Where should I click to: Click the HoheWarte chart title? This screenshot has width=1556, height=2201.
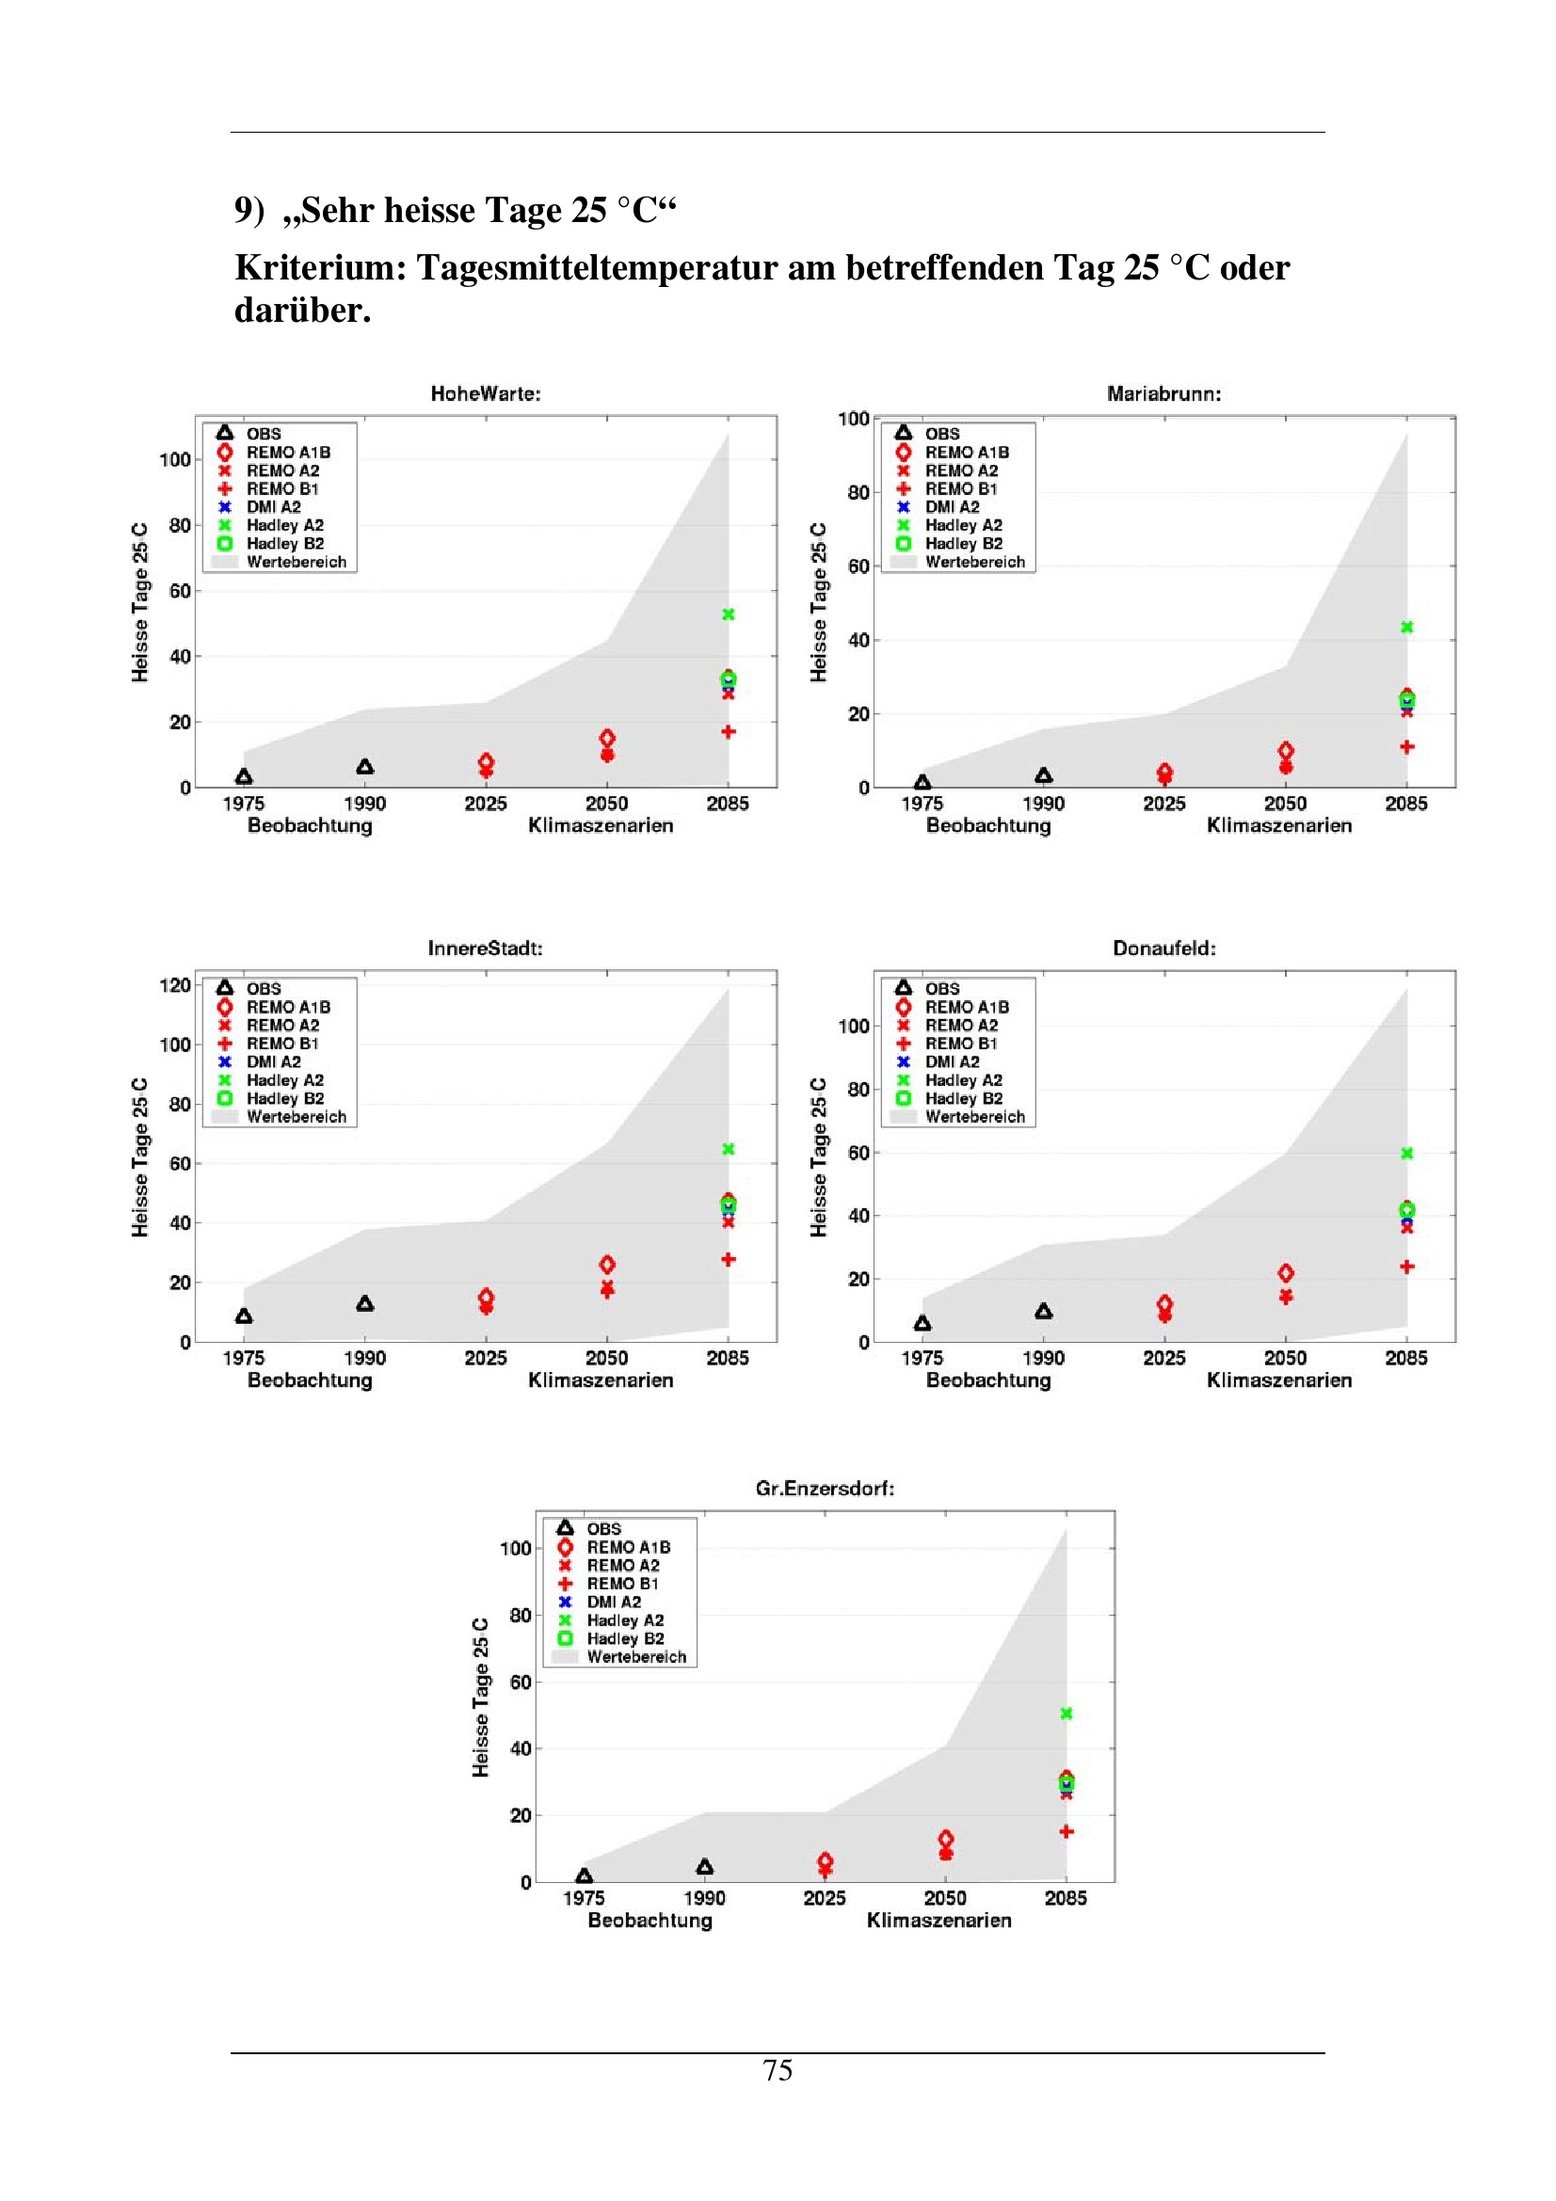tap(485, 393)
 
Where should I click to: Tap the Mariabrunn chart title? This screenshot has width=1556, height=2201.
tap(1163, 393)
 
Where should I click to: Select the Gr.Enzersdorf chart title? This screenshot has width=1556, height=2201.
tap(825, 1488)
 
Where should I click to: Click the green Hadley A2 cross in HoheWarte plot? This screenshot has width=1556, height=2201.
tap(728, 614)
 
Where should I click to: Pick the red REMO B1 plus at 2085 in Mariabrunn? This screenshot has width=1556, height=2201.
tap(1406, 747)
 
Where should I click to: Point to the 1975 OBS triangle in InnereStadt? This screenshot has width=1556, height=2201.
tap(244, 1316)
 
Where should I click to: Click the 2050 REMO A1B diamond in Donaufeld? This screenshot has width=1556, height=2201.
tap(1286, 1273)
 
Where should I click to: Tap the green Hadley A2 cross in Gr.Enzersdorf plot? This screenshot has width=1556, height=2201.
tap(1067, 1713)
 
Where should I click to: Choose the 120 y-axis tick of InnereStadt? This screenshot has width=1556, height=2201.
tap(174, 985)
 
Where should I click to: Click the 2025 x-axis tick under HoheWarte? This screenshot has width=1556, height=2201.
tap(485, 804)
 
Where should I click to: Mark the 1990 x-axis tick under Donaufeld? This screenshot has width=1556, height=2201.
tap(1043, 1358)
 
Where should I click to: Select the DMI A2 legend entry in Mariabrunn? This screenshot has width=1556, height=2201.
tap(951, 507)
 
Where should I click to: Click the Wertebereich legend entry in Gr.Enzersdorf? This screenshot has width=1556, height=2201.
tap(635, 1656)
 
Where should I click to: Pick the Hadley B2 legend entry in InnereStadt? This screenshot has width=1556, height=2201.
tap(284, 1098)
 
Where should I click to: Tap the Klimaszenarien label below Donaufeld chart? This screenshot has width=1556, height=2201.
tap(1279, 1380)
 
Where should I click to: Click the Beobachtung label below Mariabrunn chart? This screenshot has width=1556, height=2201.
tap(987, 825)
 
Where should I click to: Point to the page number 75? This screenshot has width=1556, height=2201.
tap(778, 2070)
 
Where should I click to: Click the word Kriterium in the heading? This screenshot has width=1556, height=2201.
tap(320, 268)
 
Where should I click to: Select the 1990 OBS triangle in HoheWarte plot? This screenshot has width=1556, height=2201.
tap(364, 767)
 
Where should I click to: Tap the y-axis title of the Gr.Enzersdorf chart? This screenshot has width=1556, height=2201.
tap(480, 1697)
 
